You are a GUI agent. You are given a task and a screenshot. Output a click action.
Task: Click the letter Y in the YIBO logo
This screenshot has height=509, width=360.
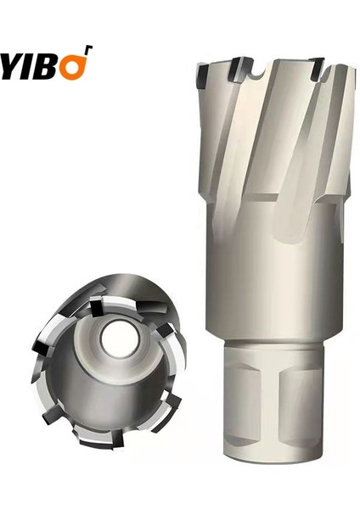[x=12, y=65]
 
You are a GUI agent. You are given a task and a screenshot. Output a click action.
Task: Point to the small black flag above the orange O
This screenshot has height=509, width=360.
[x=87, y=51]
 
